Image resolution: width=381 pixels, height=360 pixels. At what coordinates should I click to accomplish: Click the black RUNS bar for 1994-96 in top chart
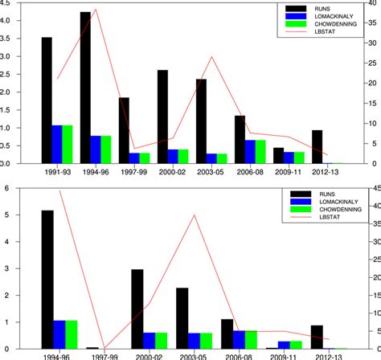click(85, 88)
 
